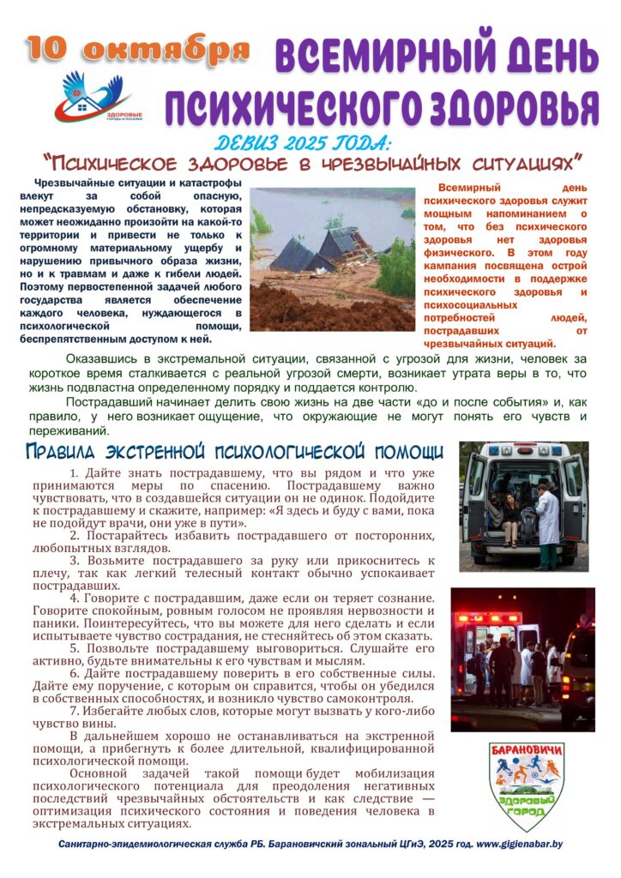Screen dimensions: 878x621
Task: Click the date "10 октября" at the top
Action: point(138,49)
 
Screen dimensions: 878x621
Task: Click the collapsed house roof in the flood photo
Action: point(326,249)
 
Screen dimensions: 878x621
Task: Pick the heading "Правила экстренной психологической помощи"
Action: point(234,451)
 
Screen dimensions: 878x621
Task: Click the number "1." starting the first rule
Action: point(75,473)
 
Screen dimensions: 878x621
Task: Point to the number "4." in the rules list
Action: point(75,597)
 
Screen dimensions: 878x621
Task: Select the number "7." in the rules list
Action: point(75,710)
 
